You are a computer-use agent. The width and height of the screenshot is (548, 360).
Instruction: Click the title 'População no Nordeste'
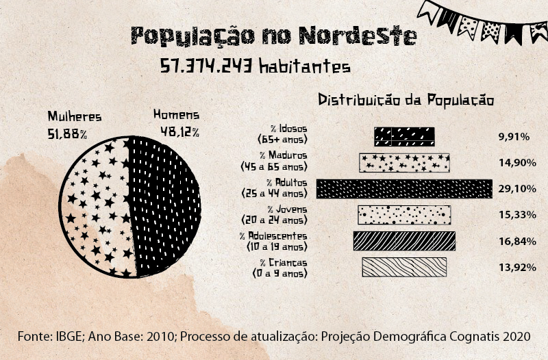click(x=273, y=36)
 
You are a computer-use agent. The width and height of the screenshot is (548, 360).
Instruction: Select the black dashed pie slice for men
click(x=164, y=205)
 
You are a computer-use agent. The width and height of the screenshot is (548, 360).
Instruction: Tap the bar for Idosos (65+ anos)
click(x=404, y=136)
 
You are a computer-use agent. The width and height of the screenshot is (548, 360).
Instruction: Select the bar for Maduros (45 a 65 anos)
click(x=405, y=162)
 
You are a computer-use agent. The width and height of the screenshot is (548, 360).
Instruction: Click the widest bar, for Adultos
click(x=404, y=188)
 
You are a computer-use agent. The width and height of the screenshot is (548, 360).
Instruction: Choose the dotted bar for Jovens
click(x=404, y=215)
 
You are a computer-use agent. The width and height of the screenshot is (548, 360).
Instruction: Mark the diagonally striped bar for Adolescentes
click(x=404, y=241)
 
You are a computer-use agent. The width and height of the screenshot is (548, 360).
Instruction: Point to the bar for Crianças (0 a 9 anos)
click(x=404, y=267)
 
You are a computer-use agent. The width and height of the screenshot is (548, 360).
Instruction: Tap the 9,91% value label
click(x=514, y=137)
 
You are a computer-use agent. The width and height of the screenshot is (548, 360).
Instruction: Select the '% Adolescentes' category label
click(x=274, y=236)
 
